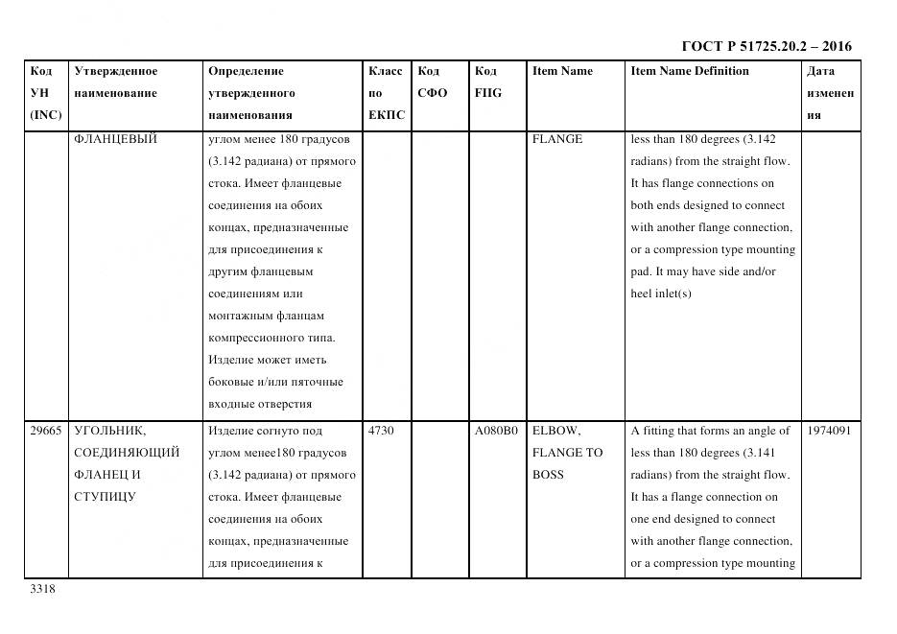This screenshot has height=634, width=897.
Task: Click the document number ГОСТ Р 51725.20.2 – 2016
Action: coord(766,46)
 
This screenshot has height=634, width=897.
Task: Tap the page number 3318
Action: coord(43,589)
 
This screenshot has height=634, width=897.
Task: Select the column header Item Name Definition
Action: coord(689,71)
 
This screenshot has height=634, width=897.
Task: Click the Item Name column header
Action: coord(562,71)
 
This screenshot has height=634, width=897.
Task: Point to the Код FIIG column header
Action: coord(487,82)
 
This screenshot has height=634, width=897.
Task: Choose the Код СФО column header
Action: coord(432,82)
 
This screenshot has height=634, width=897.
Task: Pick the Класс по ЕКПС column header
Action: coord(386,93)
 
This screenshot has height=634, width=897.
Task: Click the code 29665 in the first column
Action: coord(46,431)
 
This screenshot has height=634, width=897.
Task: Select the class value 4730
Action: coord(381,431)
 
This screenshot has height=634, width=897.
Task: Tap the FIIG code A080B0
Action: coord(496,431)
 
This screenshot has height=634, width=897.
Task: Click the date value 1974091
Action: coord(829,431)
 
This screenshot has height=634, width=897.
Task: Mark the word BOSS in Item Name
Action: coord(548,475)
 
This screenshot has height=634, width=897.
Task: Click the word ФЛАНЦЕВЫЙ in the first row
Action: coord(115,139)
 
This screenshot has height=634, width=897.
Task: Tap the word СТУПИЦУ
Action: coord(105,497)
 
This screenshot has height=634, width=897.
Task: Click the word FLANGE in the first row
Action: coord(556,139)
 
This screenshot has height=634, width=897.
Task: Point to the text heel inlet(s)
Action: coord(660,294)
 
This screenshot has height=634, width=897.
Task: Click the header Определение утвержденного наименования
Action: coord(251,93)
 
